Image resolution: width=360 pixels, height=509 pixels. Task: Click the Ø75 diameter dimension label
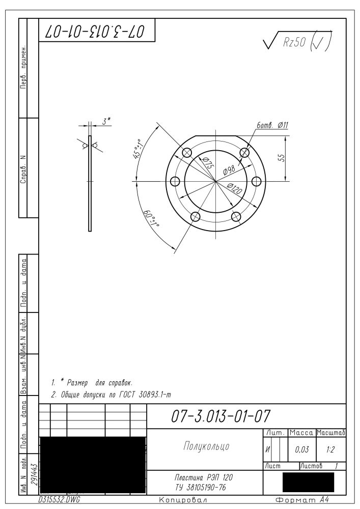point(207,162)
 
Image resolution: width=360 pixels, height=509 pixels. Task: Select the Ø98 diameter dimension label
point(229,170)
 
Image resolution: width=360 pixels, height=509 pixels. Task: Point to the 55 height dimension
point(282,158)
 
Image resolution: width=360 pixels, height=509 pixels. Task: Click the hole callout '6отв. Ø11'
point(272,125)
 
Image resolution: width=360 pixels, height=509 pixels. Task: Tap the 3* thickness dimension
point(106,122)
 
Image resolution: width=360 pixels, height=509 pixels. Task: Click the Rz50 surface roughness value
point(294,42)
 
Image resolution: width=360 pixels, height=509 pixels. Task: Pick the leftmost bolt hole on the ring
point(175,181)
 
